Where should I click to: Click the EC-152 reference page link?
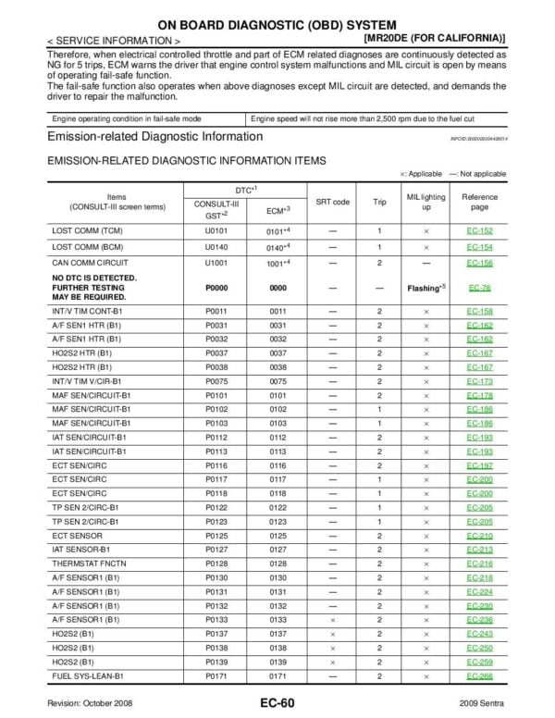click(x=479, y=230)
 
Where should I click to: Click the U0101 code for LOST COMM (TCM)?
click(x=216, y=230)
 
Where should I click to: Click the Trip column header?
click(x=379, y=201)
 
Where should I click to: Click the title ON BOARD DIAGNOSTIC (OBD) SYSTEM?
click(x=277, y=24)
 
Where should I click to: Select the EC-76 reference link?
click(x=479, y=288)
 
